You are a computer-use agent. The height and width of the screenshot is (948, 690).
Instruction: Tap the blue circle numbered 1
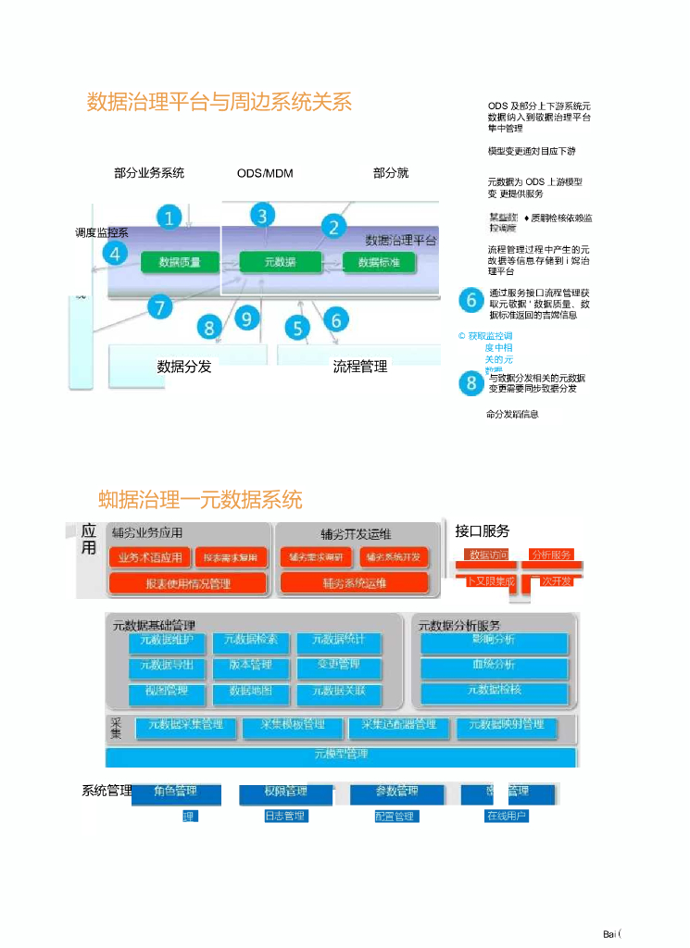(x=169, y=218)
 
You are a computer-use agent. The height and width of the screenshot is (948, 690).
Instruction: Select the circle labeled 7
(x=159, y=307)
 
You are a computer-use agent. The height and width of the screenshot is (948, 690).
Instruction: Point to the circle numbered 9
(x=246, y=319)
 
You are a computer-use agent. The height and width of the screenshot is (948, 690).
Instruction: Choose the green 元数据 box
(x=279, y=262)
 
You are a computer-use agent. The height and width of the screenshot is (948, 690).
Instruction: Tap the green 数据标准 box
(x=379, y=262)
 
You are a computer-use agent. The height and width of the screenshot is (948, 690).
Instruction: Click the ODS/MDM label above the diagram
(x=265, y=173)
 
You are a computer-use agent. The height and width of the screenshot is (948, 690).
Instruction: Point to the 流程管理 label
(x=360, y=367)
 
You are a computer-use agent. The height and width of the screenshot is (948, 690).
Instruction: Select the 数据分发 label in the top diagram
(x=184, y=367)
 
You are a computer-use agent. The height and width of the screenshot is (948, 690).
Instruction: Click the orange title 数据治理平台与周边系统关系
(x=220, y=102)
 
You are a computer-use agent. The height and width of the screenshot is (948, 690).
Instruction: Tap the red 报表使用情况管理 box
(x=188, y=583)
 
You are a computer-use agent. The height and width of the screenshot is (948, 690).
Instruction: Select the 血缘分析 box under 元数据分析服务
(x=494, y=666)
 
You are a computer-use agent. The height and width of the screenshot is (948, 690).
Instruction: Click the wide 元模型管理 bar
(x=342, y=755)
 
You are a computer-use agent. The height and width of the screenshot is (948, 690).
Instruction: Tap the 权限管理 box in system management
(x=285, y=792)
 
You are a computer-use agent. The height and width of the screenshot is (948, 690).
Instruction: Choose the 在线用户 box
(x=507, y=817)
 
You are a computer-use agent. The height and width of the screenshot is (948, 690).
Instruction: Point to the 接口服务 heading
(x=483, y=531)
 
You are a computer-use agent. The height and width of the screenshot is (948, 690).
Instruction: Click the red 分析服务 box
(x=551, y=555)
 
